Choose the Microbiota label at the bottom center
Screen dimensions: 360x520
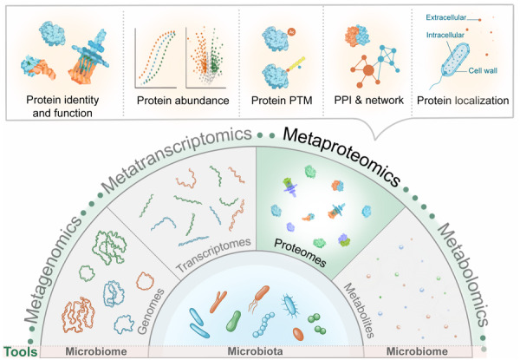coord(257,351)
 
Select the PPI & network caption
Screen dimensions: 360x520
coord(366,101)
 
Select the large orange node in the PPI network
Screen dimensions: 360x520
coord(357,69)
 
